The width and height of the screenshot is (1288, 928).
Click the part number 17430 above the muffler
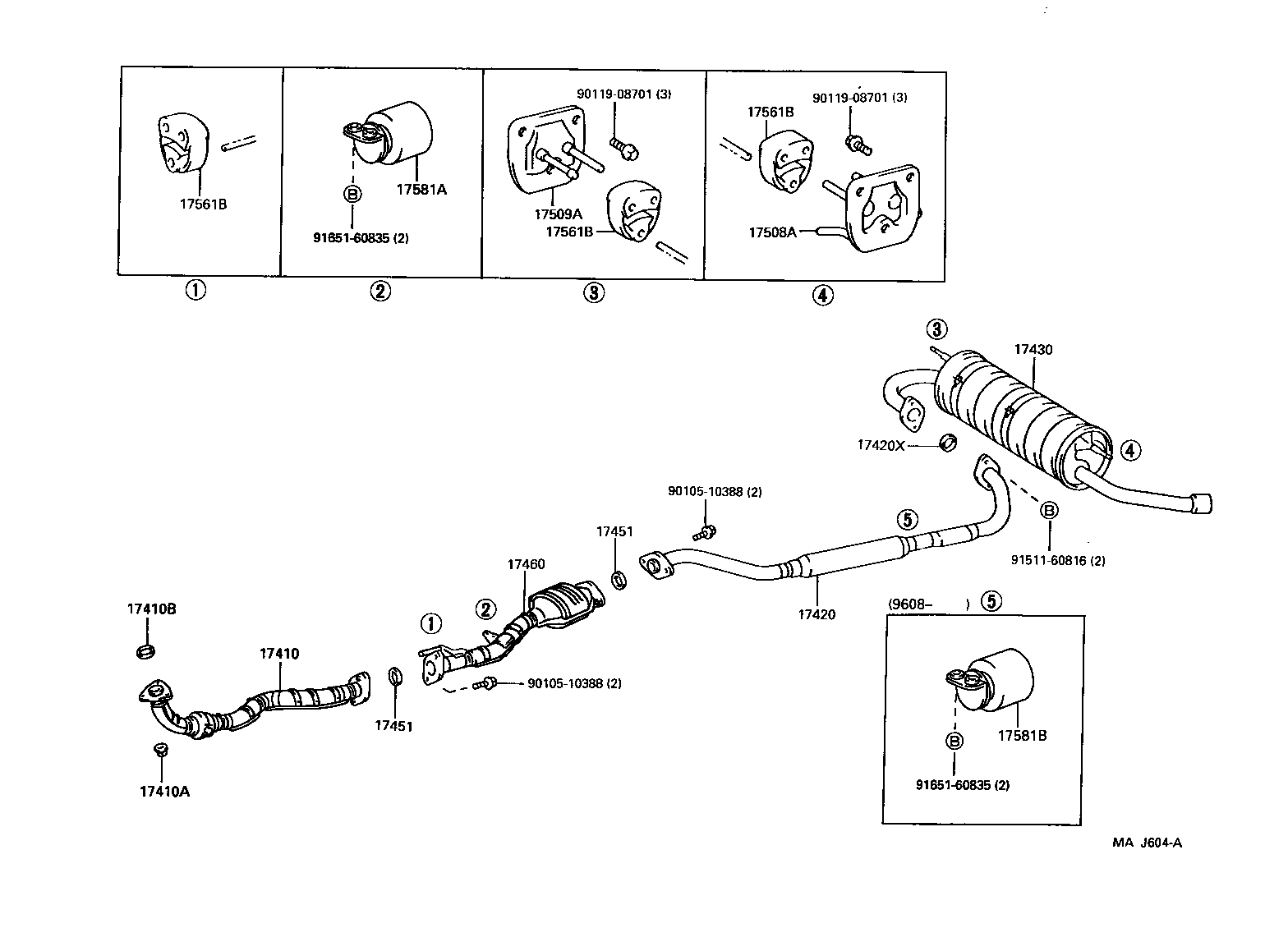click(x=1033, y=349)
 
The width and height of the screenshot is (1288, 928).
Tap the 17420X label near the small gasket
click(x=880, y=444)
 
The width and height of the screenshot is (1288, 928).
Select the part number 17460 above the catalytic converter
click(x=526, y=564)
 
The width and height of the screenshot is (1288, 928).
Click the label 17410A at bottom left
click(x=164, y=791)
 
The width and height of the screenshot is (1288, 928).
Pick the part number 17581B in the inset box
click(x=1022, y=735)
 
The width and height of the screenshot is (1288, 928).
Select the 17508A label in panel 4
click(x=771, y=232)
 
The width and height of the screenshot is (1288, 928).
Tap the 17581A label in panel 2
click(x=421, y=189)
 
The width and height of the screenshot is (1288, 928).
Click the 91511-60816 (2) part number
click(x=1058, y=561)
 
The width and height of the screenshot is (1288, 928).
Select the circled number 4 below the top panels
click(x=822, y=294)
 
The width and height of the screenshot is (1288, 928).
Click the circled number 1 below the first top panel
click(x=195, y=290)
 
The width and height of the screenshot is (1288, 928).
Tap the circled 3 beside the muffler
click(x=936, y=329)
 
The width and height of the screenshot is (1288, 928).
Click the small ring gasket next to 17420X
click(x=947, y=443)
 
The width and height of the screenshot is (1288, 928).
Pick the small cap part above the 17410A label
click(x=161, y=749)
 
